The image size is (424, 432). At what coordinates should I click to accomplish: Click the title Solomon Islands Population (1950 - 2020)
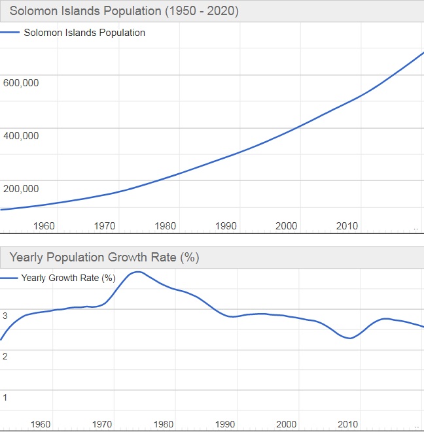(x=124, y=11)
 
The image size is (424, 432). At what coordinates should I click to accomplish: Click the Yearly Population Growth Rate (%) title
(x=104, y=258)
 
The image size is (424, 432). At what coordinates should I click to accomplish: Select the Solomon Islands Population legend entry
(x=84, y=33)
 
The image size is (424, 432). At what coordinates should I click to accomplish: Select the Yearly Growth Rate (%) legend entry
(x=68, y=278)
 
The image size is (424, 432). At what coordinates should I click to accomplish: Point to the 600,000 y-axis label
(x=22, y=83)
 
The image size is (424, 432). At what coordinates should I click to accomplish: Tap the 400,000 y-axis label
(x=22, y=136)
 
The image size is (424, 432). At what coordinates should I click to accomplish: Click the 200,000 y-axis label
(x=22, y=189)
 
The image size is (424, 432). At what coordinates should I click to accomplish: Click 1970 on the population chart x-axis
(x=105, y=226)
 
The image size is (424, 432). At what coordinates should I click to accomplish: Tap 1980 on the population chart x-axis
(x=166, y=226)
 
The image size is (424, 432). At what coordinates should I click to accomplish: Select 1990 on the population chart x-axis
(x=226, y=226)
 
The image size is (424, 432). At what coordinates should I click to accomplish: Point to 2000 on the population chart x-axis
(x=287, y=226)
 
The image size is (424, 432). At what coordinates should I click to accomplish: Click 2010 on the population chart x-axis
(x=347, y=226)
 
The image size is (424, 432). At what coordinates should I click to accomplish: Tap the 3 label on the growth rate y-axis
(x=5, y=316)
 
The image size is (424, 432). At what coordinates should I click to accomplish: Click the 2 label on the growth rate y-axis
(x=5, y=356)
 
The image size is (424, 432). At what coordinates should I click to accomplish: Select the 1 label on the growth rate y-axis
(x=5, y=397)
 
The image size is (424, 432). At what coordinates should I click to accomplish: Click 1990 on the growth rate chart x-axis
(x=226, y=424)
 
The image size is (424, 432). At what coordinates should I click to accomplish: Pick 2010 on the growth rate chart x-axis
(x=347, y=424)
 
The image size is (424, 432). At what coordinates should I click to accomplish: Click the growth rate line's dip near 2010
(x=350, y=338)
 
